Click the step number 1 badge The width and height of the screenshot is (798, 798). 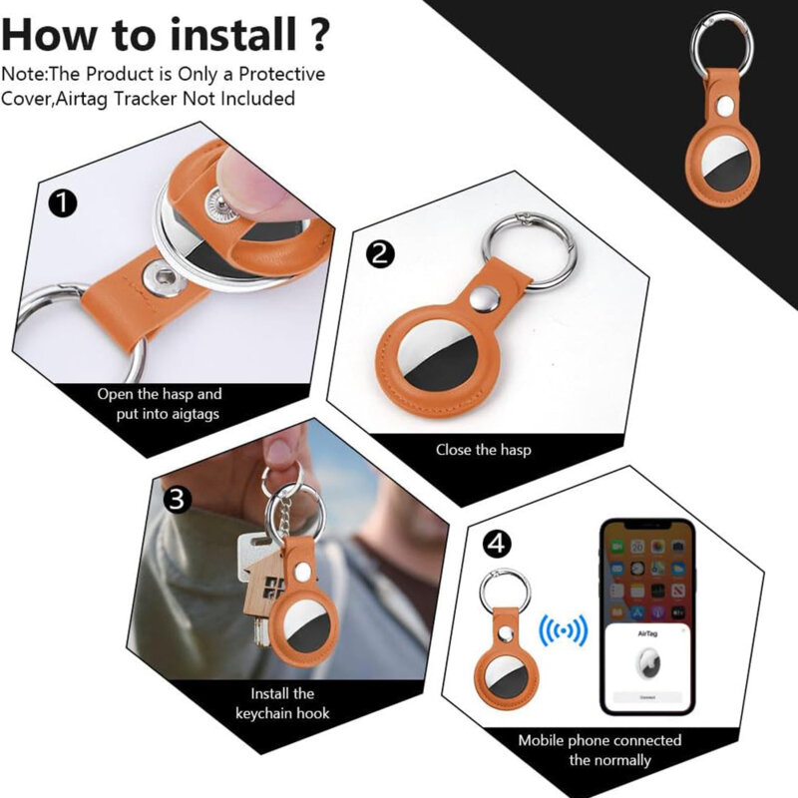tap(62, 204)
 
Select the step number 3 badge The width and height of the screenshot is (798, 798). tap(177, 500)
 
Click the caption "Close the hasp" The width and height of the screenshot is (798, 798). tap(483, 450)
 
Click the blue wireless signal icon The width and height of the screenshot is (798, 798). tap(564, 631)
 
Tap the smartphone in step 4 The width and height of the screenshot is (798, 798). tap(646, 618)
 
